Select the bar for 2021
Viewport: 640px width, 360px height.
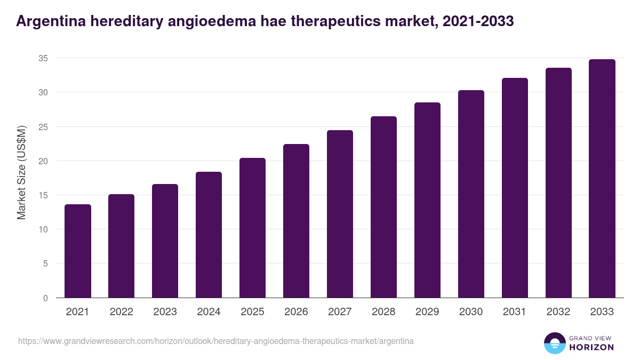[x=78, y=251]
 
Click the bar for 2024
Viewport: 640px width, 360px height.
[x=209, y=235]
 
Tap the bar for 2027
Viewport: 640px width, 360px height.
[x=340, y=214]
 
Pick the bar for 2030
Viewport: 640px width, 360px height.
[x=471, y=194]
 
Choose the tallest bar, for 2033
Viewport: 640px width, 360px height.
[x=602, y=179]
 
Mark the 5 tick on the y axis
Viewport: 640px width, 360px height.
[x=45, y=263]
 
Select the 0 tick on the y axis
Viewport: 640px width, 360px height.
[x=45, y=298]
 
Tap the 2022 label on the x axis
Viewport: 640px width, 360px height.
[x=121, y=312]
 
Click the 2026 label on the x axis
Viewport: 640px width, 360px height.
[x=296, y=312]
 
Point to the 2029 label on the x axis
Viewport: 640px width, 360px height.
[x=427, y=312]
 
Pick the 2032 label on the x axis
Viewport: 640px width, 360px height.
[x=558, y=312]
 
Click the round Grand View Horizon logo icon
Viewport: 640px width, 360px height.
[x=554, y=343]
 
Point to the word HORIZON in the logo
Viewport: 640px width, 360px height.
[x=591, y=347]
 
